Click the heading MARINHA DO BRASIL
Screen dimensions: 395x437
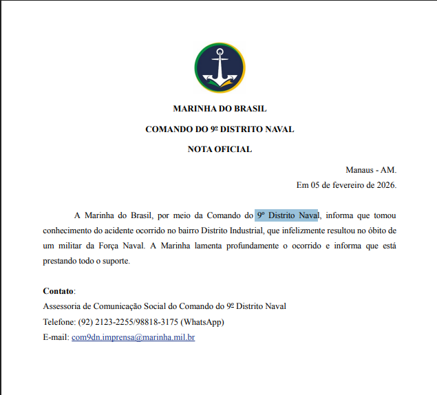point(220,109)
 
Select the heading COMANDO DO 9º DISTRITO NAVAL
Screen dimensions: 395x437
point(220,129)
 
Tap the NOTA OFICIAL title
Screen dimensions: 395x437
point(220,149)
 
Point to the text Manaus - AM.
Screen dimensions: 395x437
point(371,170)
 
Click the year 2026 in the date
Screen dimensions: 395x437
point(383,184)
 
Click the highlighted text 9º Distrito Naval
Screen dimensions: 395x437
point(287,215)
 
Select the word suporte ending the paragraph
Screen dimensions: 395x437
point(116,261)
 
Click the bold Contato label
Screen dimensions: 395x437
point(58,291)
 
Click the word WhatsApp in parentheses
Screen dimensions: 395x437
point(202,322)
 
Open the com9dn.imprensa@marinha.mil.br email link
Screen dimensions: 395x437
point(133,337)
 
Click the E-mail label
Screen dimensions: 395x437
point(55,337)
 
